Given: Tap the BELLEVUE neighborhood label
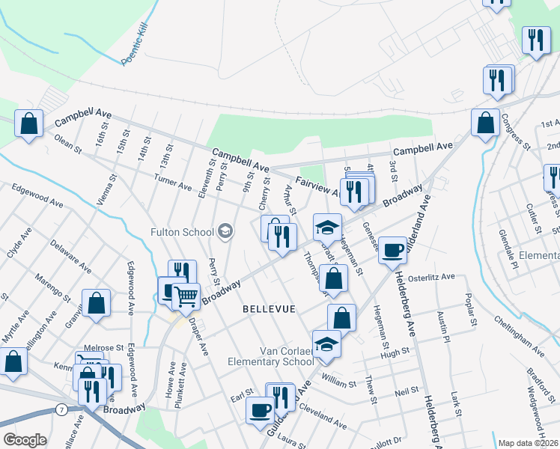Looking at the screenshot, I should (x=269, y=308).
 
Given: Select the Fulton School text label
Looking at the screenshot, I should (x=182, y=231).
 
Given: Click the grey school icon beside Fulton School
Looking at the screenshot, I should (x=226, y=231).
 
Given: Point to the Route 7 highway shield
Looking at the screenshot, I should (x=60, y=409).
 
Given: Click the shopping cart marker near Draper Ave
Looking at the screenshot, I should (x=186, y=296).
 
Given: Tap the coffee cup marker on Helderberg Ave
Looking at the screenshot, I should (x=392, y=251).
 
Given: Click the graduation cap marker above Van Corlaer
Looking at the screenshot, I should (x=326, y=343).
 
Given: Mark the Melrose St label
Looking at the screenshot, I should (x=104, y=348).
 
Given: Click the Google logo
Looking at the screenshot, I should (x=25, y=440).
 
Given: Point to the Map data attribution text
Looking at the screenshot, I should (x=528, y=443).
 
